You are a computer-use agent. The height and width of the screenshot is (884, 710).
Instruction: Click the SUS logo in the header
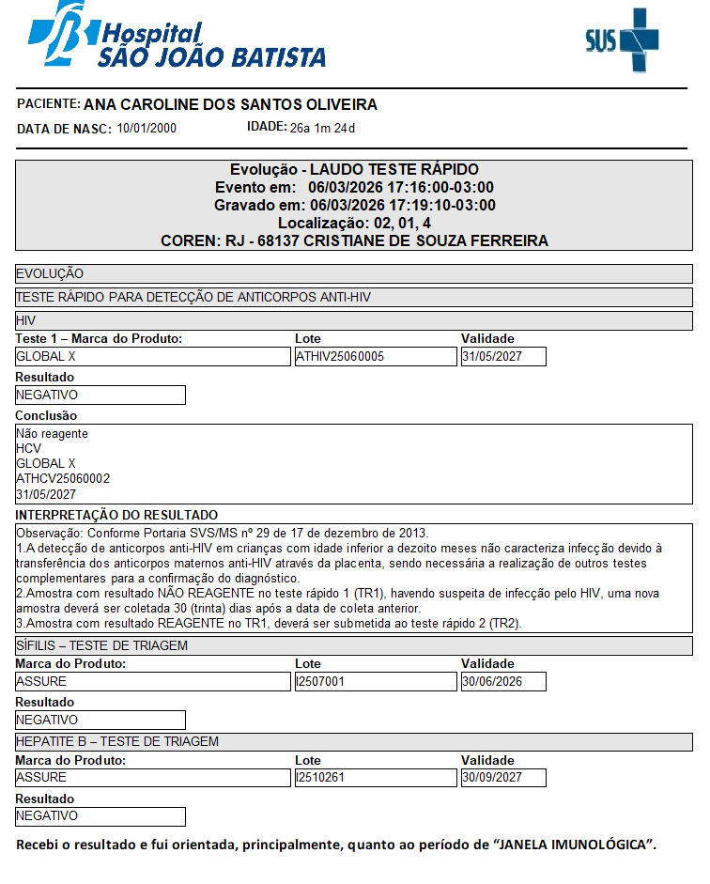click(x=621, y=39)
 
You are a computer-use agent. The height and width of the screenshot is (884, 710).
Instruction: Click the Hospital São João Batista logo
click(x=177, y=38)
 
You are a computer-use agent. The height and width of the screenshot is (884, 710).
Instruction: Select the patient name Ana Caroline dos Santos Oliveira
click(x=230, y=104)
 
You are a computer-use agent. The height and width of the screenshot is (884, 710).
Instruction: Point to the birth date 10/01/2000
click(x=147, y=128)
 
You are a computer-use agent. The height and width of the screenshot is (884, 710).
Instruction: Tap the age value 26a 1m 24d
click(x=322, y=128)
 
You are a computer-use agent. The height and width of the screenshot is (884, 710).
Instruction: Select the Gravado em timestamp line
click(x=354, y=205)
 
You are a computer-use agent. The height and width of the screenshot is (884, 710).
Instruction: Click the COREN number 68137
click(x=278, y=240)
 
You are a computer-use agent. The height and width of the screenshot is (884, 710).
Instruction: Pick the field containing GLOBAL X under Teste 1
click(x=153, y=357)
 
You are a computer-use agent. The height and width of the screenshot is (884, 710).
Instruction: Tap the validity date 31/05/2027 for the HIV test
click(x=502, y=357)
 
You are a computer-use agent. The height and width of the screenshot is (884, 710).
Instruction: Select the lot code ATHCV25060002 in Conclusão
click(x=63, y=478)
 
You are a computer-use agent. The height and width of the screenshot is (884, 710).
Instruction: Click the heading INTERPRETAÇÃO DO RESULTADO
click(x=117, y=515)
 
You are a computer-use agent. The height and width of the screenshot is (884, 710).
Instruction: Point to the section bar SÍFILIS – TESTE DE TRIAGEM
click(x=354, y=645)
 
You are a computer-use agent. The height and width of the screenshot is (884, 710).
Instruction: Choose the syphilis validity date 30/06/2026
click(x=502, y=681)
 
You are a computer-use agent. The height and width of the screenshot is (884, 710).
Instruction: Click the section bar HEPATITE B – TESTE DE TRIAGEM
click(x=354, y=741)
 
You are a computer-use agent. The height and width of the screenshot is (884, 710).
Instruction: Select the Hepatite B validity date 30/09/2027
click(x=502, y=778)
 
